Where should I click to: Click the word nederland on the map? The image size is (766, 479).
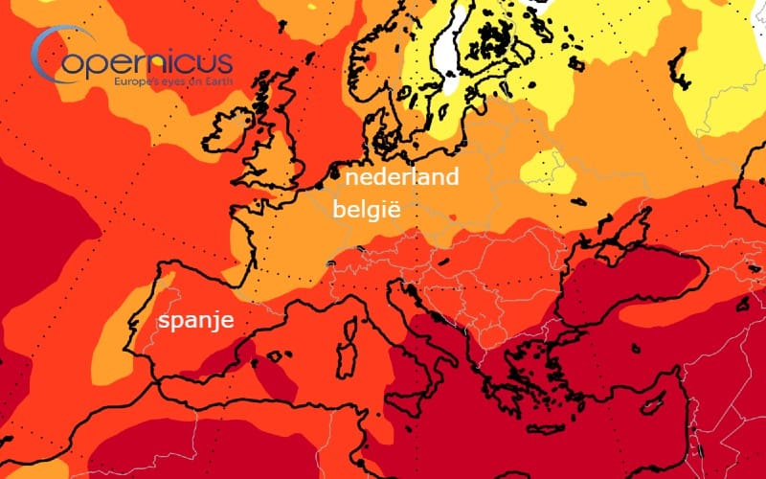tap(401, 177)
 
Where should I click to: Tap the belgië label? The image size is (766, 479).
tap(367, 209)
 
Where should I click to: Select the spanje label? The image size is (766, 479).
tap(195, 321)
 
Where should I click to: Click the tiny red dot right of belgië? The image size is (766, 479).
tap(452, 216)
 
